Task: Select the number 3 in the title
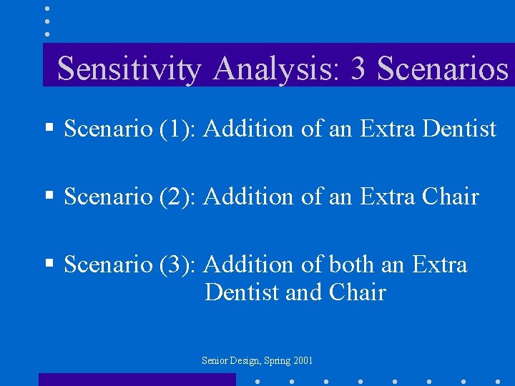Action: (359, 69)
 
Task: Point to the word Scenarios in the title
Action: (442, 69)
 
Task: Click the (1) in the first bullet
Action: (178, 129)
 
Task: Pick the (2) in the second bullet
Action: (178, 197)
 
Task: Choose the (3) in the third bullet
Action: (178, 264)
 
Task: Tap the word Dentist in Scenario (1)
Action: (459, 129)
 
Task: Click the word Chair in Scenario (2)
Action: (451, 197)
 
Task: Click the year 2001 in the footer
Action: (303, 361)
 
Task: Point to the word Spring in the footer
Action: (277, 361)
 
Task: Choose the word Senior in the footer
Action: (215, 361)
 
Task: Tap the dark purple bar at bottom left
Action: (136, 380)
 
